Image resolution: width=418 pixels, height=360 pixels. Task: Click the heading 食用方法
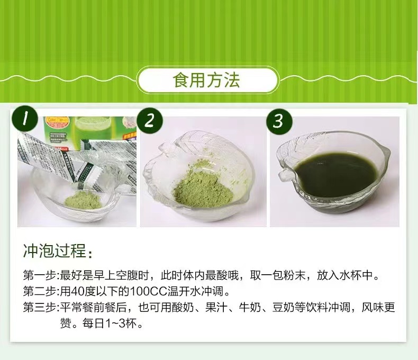(206, 80)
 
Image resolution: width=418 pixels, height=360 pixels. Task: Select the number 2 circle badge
(150, 121)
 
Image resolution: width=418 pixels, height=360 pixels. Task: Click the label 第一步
(40, 275)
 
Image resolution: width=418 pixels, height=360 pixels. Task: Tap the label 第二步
(40, 292)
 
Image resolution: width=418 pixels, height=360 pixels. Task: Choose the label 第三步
(40, 308)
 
